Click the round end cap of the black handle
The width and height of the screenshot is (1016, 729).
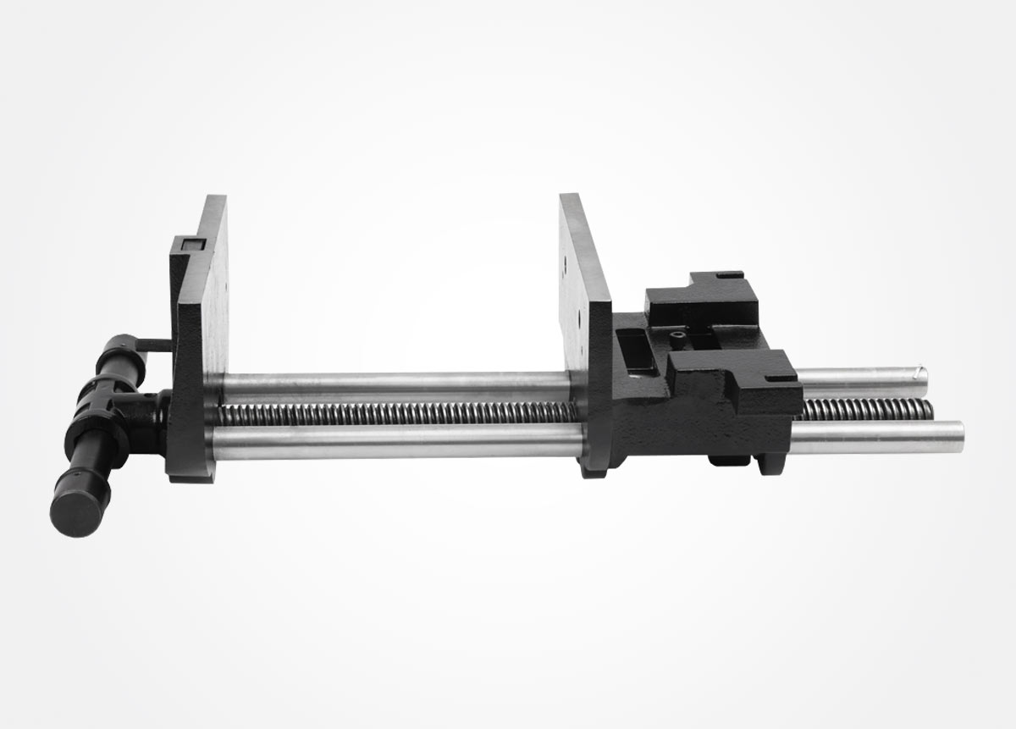click(x=78, y=511)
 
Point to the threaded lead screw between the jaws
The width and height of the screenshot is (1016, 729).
click(x=398, y=414)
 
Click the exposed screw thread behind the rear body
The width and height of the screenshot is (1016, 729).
click(x=864, y=410)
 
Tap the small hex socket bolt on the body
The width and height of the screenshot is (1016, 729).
click(x=678, y=336)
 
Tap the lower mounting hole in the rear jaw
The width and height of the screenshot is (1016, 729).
click(x=579, y=323)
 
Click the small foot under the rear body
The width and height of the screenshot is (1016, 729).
click(x=728, y=461)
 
